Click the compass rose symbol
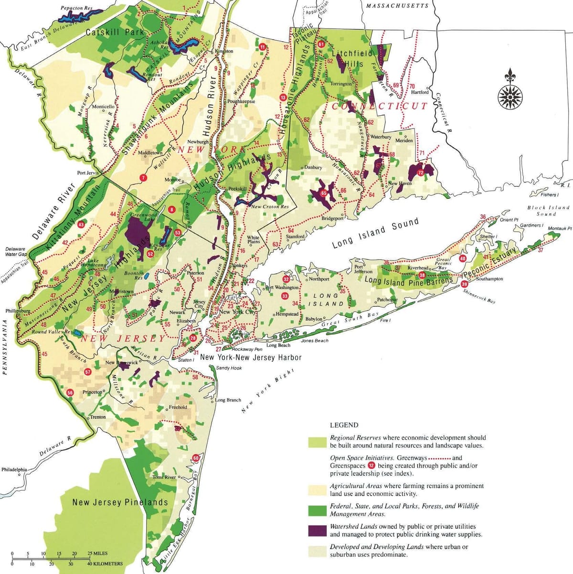pyautogui.click(x=510, y=93)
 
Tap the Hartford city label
pyautogui.click(x=420, y=92)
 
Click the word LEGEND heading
pyautogui.click(x=344, y=425)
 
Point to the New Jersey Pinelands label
pyautogui.click(x=120, y=502)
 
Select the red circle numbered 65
pyautogui.click(x=323, y=193)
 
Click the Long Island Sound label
pyautogui.click(x=375, y=233)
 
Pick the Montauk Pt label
pyautogui.click(x=559, y=228)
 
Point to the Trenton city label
pyautogui.click(x=98, y=417)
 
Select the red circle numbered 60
pyautogui.click(x=196, y=458)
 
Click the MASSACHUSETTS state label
pyautogui.click(x=397, y=6)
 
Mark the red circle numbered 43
pyautogui.click(x=81, y=225)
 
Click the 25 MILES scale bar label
pyautogui.click(x=97, y=553)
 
